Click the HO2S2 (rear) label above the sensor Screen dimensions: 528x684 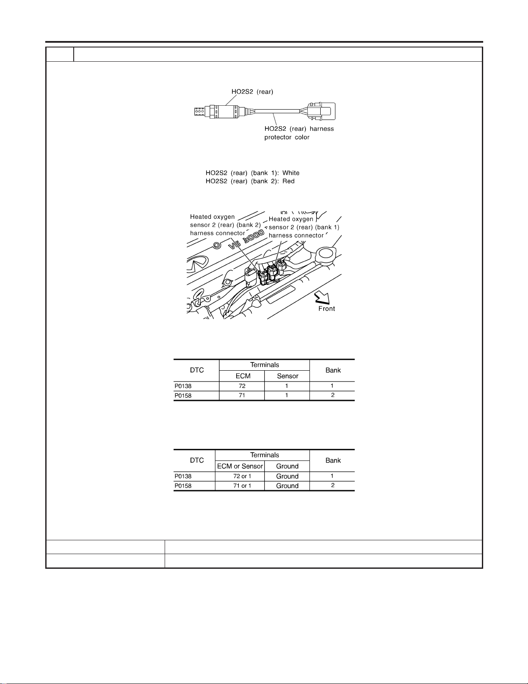pyautogui.click(x=253, y=91)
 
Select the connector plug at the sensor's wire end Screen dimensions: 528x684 pyautogui.click(x=322, y=111)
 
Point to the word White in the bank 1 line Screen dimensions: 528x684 pyautogui.click(x=291, y=173)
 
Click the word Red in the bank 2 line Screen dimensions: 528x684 pyautogui.click(x=288, y=181)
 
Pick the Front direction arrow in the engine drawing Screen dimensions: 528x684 pyautogui.click(x=322, y=297)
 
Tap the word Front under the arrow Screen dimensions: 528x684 pyautogui.click(x=327, y=309)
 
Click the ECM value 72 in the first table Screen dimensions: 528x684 pyautogui.click(x=242, y=386)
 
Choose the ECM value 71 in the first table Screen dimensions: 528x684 pyautogui.click(x=242, y=395)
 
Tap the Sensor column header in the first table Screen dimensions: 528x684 pyautogui.click(x=287, y=376)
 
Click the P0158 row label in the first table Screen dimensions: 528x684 pyautogui.click(x=183, y=396)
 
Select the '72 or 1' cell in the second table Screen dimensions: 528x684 pyautogui.click(x=242, y=476)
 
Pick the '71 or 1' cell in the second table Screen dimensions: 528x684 pyautogui.click(x=242, y=485)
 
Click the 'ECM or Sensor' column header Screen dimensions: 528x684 pyautogui.click(x=240, y=466)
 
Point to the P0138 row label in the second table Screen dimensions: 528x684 pyautogui.click(x=183, y=476)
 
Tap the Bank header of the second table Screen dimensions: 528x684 pyautogui.click(x=333, y=460)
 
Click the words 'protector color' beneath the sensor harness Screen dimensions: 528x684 pyautogui.click(x=287, y=137)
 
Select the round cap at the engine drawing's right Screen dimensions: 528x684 pyautogui.click(x=326, y=255)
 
